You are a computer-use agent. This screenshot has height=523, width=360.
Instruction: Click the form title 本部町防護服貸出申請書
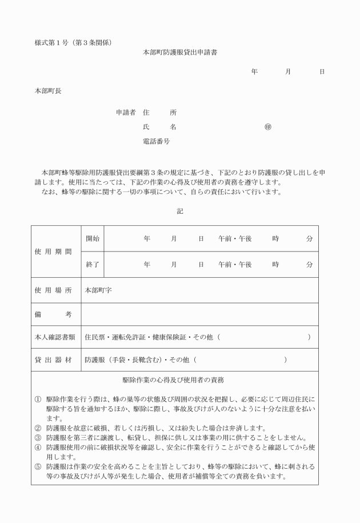point(179,52)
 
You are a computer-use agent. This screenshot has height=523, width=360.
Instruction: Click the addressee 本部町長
point(48,91)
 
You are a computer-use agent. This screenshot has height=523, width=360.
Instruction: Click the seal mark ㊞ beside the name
point(267,127)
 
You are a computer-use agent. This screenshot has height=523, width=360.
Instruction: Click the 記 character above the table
point(180,211)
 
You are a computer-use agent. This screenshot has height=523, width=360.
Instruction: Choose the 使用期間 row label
point(56,251)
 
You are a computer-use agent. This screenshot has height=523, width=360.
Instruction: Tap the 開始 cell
point(92,239)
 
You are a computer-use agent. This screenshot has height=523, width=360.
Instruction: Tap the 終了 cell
point(92,265)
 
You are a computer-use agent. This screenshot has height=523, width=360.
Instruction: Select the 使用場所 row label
point(56,290)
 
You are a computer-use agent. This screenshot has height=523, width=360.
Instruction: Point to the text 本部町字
point(98,290)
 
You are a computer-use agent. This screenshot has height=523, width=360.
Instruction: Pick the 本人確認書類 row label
point(56,337)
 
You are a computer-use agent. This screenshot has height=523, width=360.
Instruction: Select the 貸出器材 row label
point(56,360)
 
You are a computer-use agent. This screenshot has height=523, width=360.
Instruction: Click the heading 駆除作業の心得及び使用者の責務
point(176,380)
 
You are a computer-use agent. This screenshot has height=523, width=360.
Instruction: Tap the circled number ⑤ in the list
point(38,466)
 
